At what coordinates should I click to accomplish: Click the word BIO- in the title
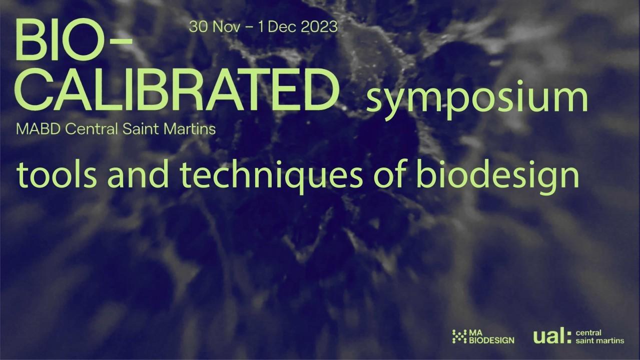74,40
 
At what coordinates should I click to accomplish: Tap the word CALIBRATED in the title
177,89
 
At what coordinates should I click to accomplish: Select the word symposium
477,98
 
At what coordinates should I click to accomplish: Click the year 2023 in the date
319,27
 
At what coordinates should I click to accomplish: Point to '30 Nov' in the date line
214,27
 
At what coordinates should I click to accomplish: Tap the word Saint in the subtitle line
141,129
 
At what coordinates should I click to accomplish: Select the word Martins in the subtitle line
190,129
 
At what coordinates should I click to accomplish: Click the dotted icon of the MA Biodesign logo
459,336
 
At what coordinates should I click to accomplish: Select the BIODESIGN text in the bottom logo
492,340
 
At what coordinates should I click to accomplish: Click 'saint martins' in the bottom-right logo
599,340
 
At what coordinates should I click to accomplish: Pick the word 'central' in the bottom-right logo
588,333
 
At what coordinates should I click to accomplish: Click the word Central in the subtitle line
92,129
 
